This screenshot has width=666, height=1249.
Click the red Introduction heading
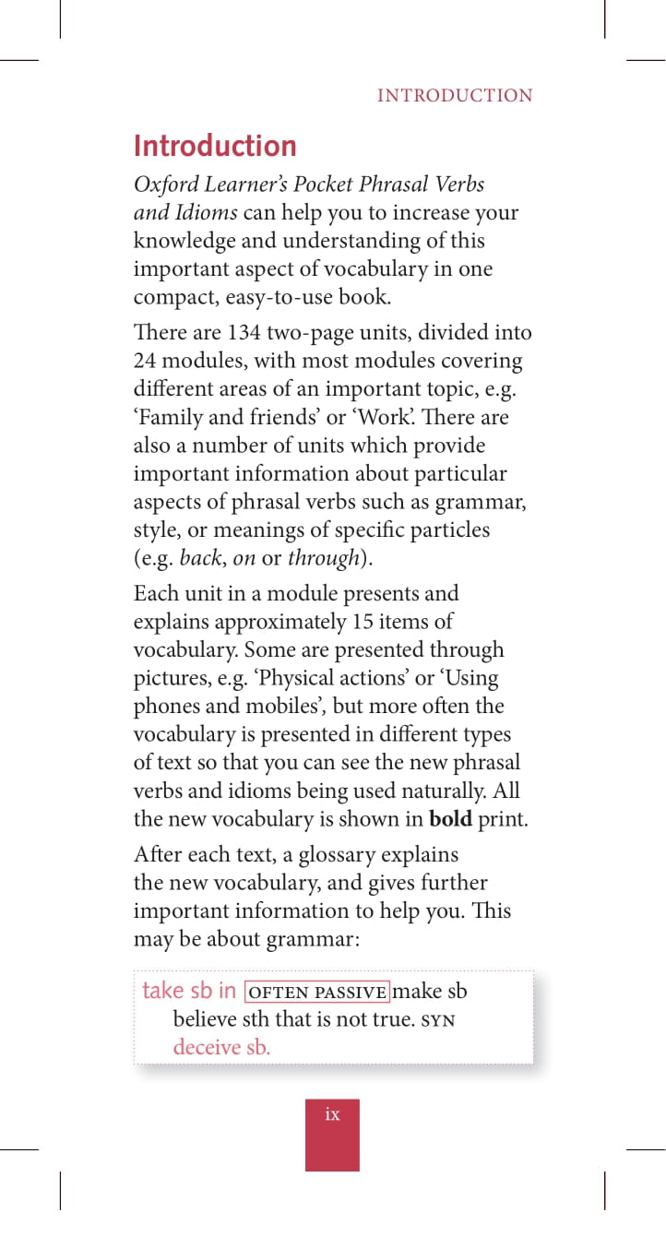pyautogui.click(x=215, y=147)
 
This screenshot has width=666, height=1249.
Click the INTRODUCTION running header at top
pyautogui.click(x=455, y=96)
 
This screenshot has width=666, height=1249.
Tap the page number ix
pyautogui.click(x=332, y=1114)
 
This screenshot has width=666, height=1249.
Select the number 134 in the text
pyautogui.click(x=244, y=332)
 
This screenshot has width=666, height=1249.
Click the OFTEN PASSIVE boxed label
pyautogui.click(x=317, y=992)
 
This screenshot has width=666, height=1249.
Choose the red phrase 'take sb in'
pyautogui.click(x=189, y=991)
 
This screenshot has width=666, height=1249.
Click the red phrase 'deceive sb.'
pyautogui.click(x=221, y=1048)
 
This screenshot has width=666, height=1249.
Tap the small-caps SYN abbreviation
pyautogui.click(x=438, y=1020)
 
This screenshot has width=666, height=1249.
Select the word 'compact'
pyautogui.click(x=170, y=298)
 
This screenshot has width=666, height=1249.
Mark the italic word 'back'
pyautogui.click(x=199, y=559)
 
